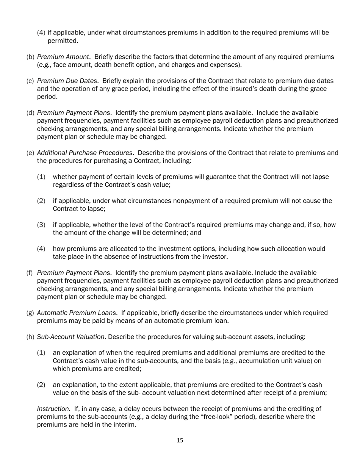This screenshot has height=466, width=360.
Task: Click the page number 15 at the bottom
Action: pyautogui.click(x=180, y=440)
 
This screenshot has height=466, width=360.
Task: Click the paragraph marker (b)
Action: pyautogui.click(x=30, y=57)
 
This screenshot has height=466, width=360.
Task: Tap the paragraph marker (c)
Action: pyautogui.click(x=30, y=81)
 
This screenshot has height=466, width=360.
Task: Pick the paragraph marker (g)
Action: pyautogui.click(x=30, y=313)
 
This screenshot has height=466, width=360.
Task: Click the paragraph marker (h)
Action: pyautogui.click(x=30, y=336)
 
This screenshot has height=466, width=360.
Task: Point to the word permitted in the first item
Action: pyautogui.click(x=63, y=41)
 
